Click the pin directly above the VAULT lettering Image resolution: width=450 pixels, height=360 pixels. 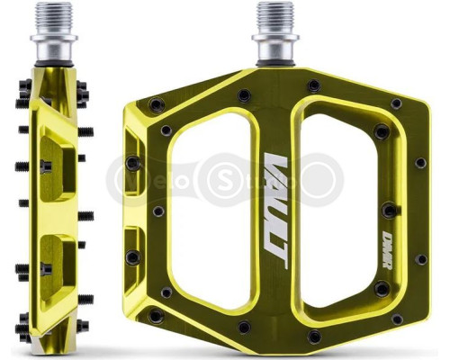[243, 94]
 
